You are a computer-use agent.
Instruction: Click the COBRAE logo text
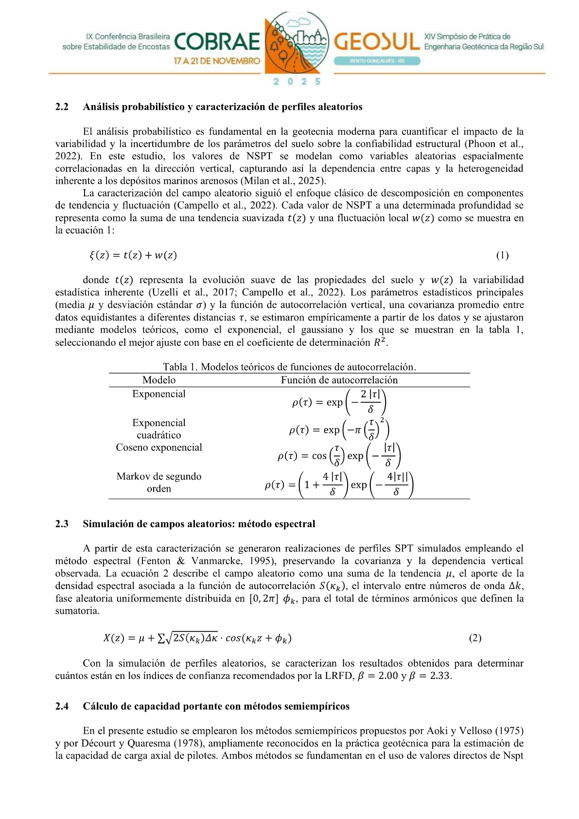pos(217,42)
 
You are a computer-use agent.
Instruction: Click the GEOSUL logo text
pos(376,42)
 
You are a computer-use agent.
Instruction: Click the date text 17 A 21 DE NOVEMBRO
pos(217,61)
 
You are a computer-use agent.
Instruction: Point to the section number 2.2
pos(62,107)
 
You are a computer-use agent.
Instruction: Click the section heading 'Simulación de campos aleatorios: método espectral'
pos(199,524)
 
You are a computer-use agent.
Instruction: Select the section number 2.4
pos(62,706)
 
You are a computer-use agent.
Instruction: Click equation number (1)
pos(502,255)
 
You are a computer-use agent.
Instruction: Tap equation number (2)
pos(475,638)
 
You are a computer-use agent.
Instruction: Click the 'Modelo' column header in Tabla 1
pos(159,380)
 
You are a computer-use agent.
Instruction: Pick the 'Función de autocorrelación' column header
pos(339,380)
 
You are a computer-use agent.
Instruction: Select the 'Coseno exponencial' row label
pos(159,447)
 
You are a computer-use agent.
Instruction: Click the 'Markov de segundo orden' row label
pos(159,482)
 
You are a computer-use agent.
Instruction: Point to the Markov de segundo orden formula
pos(339,485)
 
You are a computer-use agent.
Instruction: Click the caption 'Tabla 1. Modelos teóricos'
pos(289,367)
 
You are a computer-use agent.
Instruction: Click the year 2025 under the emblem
pos(297,82)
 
